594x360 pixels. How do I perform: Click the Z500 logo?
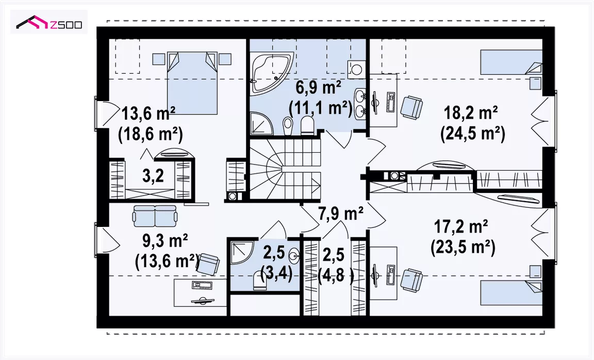[49, 23]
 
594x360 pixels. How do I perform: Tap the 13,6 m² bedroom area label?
[148, 113]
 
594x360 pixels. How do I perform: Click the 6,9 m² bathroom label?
[318, 88]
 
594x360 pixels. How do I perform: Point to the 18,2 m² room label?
[470, 113]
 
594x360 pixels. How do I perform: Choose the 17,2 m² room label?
[460, 227]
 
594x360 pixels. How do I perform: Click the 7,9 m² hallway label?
[341, 214]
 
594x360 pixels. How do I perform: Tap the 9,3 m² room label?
[165, 240]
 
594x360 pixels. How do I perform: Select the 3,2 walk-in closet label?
[153, 175]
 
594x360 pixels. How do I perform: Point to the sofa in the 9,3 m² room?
[155, 216]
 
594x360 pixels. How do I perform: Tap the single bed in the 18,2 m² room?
[511, 62]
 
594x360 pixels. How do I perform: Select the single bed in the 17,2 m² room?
[511, 292]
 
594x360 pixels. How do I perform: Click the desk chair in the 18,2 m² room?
[411, 107]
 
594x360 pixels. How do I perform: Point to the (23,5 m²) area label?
[463, 248]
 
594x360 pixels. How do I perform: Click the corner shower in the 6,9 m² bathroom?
[261, 122]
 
